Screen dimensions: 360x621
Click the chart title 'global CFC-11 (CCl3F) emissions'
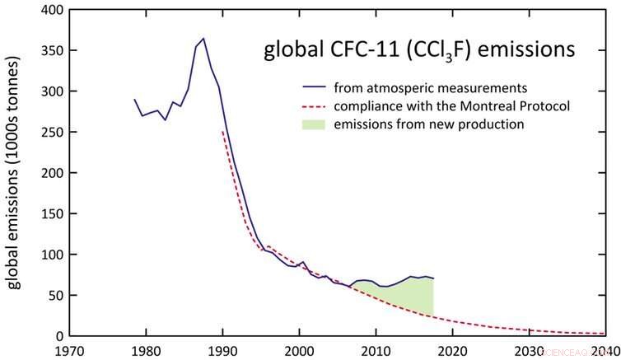(418, 51)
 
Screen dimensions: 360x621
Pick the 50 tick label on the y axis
(53, 295)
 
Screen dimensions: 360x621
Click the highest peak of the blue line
(203, 38)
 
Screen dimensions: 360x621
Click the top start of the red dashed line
(222, 132)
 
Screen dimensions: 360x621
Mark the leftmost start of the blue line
(134, 100)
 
